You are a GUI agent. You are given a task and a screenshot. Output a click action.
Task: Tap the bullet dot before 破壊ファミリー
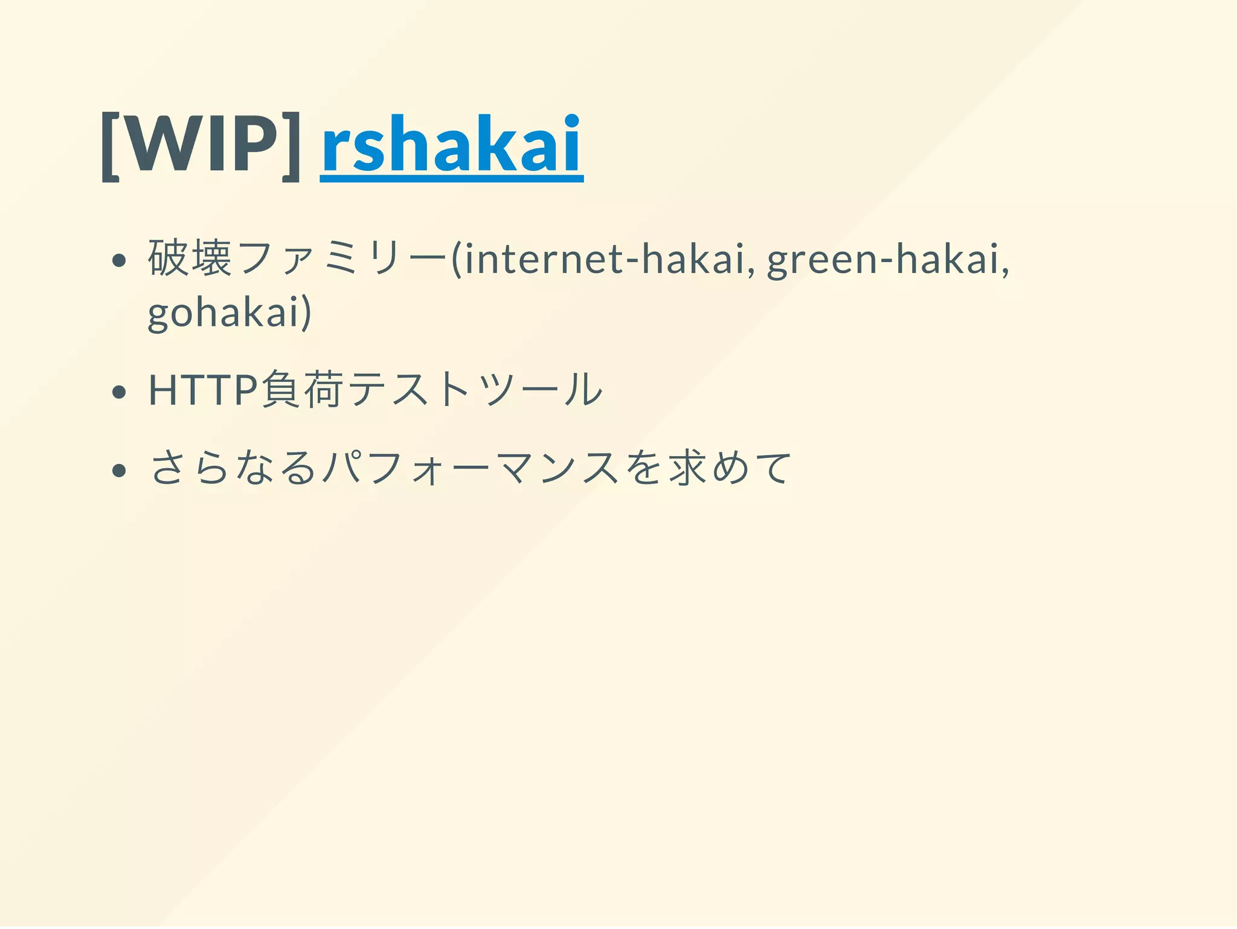(119, 260)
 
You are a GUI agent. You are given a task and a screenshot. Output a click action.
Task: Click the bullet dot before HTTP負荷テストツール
(119, 392)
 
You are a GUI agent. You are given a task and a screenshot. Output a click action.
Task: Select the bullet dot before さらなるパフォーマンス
(119, 470)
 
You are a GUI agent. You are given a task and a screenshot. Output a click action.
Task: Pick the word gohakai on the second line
(224, 312)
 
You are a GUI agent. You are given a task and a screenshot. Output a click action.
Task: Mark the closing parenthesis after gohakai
(307, 312)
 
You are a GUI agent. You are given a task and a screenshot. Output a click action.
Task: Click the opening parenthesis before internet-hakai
(457, 259)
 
